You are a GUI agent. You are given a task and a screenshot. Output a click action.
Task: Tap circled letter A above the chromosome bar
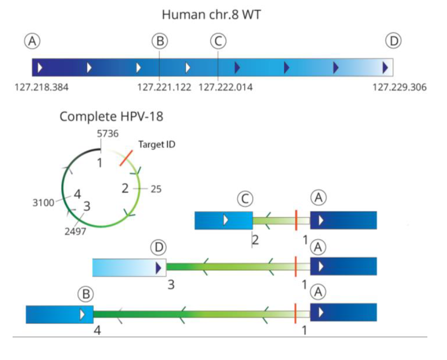34,41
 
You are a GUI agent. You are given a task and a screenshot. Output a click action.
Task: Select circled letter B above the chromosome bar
160,41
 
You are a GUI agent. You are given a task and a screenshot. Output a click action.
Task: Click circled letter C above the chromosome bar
217,41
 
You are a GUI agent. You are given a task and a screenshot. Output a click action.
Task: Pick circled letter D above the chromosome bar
393,41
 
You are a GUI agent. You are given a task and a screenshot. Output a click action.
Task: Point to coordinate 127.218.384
41,88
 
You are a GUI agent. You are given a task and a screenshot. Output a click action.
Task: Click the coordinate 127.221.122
165,88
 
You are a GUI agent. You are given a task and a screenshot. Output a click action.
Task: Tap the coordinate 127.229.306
399,88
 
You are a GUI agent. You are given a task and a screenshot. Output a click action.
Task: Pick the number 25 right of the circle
156,190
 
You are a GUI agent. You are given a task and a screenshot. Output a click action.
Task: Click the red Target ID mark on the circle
126,158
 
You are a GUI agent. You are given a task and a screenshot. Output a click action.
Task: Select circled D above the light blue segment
159,247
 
